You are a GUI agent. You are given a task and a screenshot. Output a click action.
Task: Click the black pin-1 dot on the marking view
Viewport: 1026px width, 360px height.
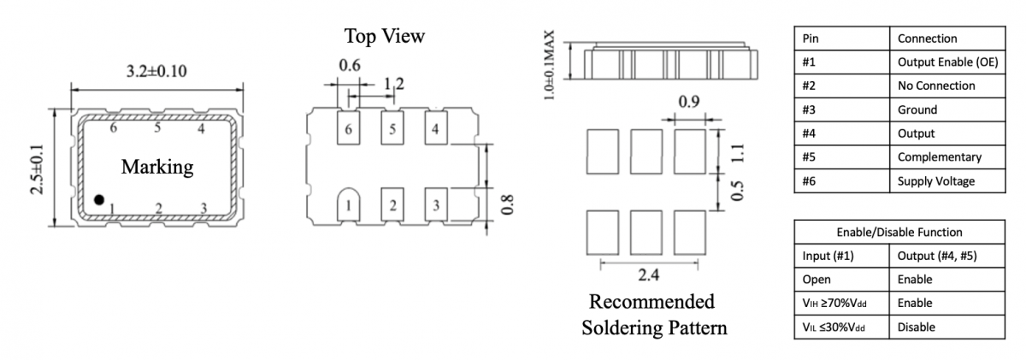click(x=99, y=200)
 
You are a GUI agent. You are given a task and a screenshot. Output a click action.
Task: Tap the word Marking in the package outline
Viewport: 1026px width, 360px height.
click(x=156, y=167)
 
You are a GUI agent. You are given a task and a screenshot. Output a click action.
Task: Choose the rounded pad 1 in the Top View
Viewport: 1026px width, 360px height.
click(x=350, y=204)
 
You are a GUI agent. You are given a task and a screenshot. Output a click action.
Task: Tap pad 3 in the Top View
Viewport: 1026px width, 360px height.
click(x=436, y=204)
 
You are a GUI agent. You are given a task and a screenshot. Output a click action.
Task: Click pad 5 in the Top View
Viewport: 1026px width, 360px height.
click(x=392, y=130)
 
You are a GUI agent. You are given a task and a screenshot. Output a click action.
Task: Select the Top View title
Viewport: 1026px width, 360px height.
click(x=384, y=36)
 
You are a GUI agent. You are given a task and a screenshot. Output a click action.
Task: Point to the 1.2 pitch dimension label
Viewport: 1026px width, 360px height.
click(x=394, y=84)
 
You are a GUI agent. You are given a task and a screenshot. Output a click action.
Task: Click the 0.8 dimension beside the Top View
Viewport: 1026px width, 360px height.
click(x=507, y=206)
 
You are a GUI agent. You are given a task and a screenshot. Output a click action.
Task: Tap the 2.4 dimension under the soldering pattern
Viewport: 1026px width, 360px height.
click(x=648, y=275)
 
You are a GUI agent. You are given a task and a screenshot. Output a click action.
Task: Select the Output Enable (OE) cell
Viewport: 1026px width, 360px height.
click(x=946, y=62)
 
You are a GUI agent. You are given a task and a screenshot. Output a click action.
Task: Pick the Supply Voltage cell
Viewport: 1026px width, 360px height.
click(x=935, y=181)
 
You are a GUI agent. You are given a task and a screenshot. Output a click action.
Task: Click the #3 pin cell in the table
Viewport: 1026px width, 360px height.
click(x=810, y=109)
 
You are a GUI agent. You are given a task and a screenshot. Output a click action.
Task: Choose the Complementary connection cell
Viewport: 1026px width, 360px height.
click(x=940, y=157)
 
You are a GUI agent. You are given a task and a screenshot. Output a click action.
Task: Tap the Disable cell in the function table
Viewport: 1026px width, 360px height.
click(x=916, y=327)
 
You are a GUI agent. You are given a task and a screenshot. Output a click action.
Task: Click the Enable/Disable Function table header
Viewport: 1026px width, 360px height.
click(x=899, y=232)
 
